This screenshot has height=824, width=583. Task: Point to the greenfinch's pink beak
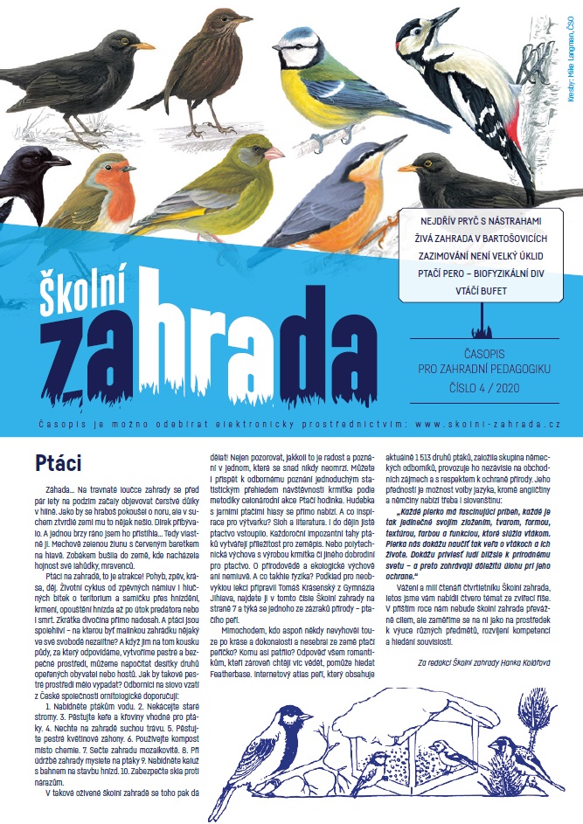tap(274, 154)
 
